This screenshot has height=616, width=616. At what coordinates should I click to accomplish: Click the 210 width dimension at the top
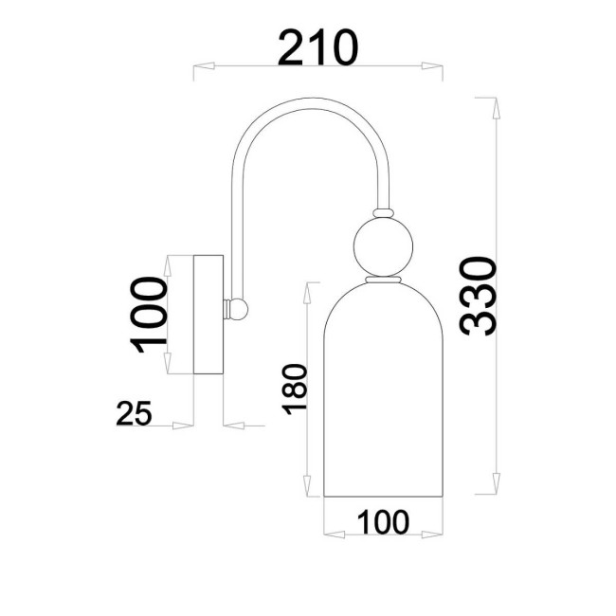tap(318, 47)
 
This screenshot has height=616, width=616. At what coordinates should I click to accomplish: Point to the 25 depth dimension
tap(136, 413)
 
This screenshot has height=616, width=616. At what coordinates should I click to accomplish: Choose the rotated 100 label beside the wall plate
tap(147, 315)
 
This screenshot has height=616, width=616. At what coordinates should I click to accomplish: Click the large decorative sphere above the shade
tap(384, 245)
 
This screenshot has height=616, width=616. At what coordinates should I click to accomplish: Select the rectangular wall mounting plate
tap(208, 313)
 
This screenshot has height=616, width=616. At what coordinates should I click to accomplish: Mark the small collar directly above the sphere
tap(384, 211)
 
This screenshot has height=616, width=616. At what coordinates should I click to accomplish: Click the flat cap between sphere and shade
tap(384, 281)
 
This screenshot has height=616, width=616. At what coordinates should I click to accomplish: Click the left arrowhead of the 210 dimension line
tap(202, 67)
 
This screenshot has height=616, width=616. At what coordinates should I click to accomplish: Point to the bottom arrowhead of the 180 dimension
tap(310, 490)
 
